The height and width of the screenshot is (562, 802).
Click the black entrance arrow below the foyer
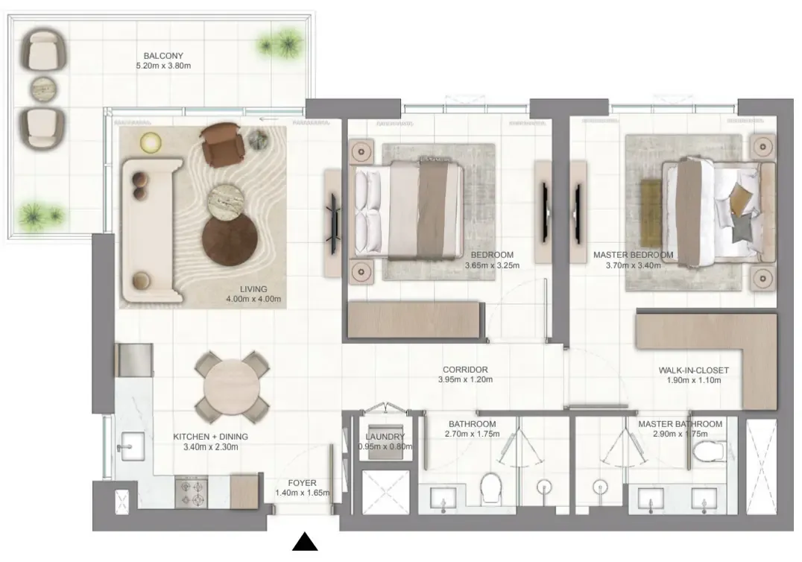[x=305, y=543]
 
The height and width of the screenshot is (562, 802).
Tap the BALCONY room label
[x=163, y=56]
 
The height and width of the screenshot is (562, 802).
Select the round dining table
[x=231, y=387]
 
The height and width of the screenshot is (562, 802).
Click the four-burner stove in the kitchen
[x=192, y=493]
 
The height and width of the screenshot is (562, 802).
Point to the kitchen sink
[x=131, y=446]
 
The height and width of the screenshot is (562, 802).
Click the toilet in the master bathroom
[x=710, y=451]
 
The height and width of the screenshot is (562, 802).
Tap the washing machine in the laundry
[x=385, y=441]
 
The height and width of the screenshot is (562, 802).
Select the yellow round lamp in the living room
[x=151, y=143]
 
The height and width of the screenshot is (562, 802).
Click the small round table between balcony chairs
[x=43, y=89]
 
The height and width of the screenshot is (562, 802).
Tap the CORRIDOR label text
[x=465, y=369]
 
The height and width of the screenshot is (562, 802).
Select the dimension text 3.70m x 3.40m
[x=634, y=265]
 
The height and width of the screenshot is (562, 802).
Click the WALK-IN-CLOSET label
[x=694, y=370]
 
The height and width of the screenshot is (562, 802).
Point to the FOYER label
[x=302, y=483]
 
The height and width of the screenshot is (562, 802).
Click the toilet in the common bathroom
[x=491, y=487]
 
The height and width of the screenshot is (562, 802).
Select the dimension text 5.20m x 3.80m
[x=163, y=66]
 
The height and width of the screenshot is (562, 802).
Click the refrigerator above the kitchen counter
[x=134, y=360]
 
